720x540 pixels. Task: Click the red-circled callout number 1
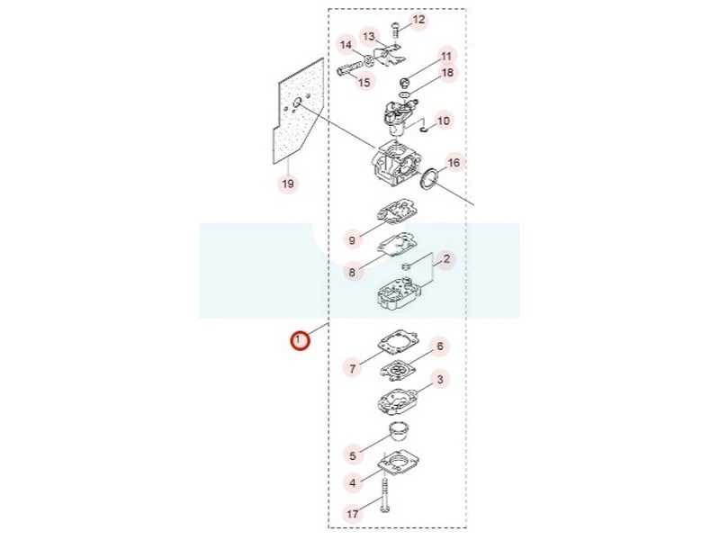pos(300,341)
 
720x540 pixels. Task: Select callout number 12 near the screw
pos(418,20)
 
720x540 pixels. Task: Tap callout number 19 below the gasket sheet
pos(288,184)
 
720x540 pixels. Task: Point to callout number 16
pos(454,163)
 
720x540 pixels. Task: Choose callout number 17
pos(353,513)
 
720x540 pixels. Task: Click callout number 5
pos(353,455)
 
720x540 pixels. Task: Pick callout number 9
pos(352,240)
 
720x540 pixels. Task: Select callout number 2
pos(446,259)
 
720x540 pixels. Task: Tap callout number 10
pos(443,121)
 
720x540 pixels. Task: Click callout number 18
pos(447,73)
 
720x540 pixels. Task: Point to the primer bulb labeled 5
pos(399,432)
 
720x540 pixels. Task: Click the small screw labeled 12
pos(394,31)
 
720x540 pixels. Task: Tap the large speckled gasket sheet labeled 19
pos(298,111)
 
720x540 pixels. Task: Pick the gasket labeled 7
pos(398,340)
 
